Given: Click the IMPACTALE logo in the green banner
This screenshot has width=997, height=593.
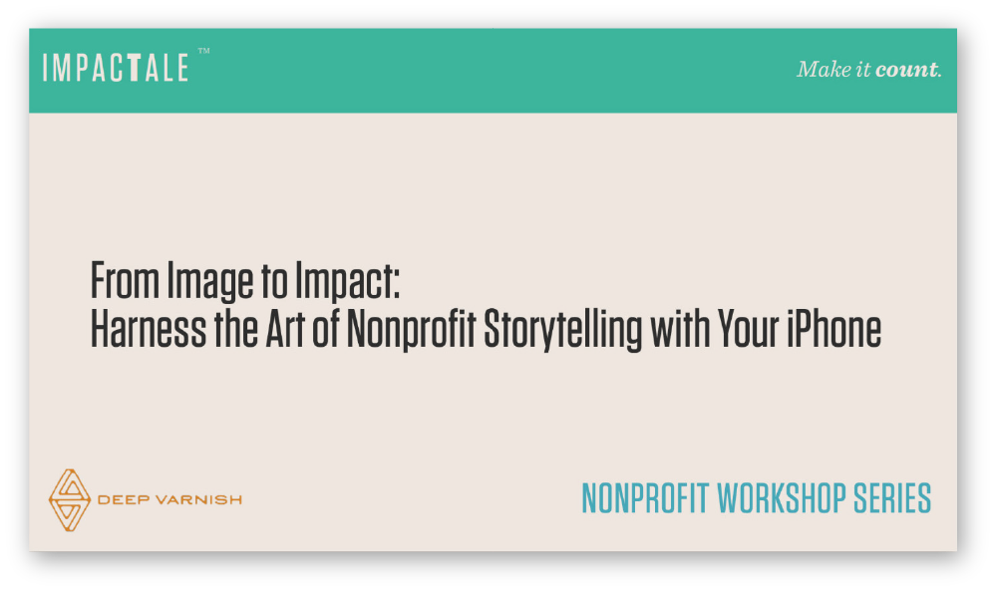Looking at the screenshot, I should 116,68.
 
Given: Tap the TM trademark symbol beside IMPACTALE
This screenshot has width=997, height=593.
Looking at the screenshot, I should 203,51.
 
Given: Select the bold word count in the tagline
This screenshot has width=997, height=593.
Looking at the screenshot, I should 906,70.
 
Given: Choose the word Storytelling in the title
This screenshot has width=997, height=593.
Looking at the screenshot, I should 563,332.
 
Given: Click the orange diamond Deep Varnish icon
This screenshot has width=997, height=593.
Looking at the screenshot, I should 70,499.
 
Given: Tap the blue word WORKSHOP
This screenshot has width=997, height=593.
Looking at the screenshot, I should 782,497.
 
